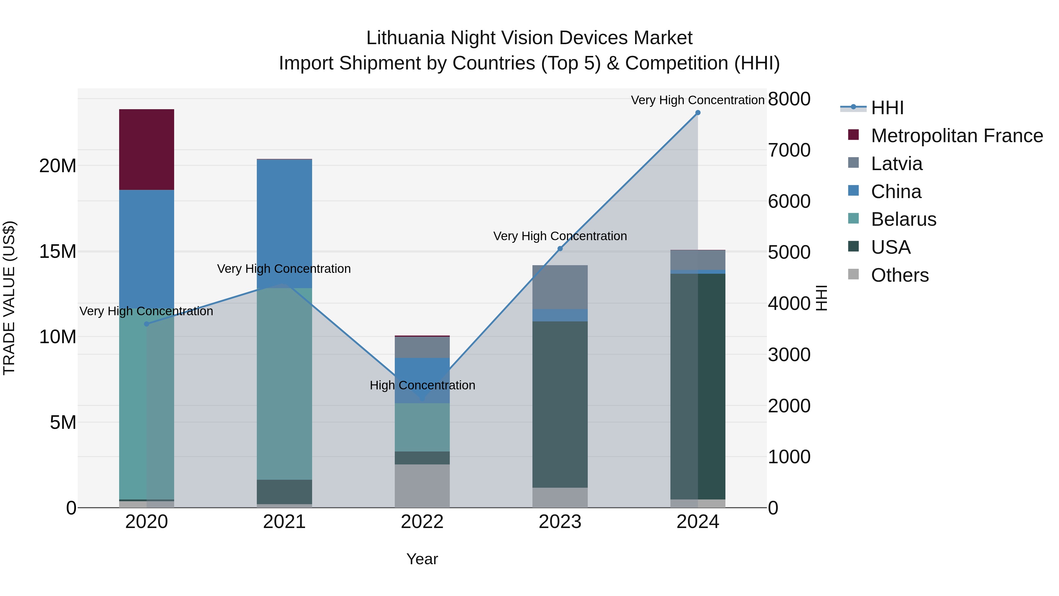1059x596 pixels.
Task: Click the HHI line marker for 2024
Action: pos(698,113)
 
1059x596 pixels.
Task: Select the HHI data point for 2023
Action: pos(560,248)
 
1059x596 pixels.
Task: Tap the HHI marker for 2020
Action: pos(147,324)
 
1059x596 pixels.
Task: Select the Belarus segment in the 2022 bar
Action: pos(422,427)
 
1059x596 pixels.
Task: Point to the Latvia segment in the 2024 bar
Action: pos(698,260)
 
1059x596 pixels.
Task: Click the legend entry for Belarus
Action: pos(903,219)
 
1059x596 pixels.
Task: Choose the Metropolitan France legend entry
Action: pos(957,136)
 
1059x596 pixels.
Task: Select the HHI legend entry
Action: pos(887,108)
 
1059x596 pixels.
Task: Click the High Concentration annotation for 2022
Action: pos(422,385)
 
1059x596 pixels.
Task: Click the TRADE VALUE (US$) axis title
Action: pos(9,298)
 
